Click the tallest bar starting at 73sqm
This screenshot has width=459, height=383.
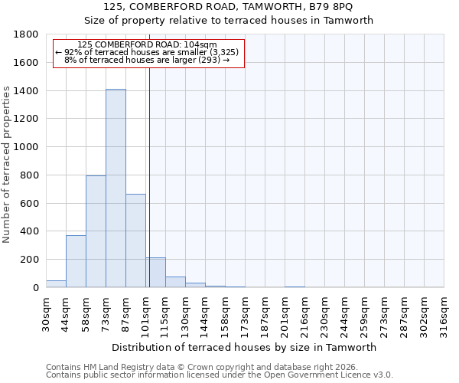click(x=116, y=188)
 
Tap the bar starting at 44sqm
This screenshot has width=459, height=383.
click(x=76, y=261)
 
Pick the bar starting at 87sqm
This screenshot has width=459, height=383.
click(x=135, y=241)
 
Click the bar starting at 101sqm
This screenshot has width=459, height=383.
click(x=156, y=273)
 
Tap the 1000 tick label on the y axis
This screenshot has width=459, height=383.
click(x=28, y=147)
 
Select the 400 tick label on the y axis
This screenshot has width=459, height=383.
click(x=31, y=231)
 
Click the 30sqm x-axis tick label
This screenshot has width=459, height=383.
click(x=47, y=313)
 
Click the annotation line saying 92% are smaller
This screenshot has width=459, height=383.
click(x=148, y=52)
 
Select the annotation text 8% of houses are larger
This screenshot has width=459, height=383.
click(x=147, y=60)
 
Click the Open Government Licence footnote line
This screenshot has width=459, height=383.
click(x=220, y=375)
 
